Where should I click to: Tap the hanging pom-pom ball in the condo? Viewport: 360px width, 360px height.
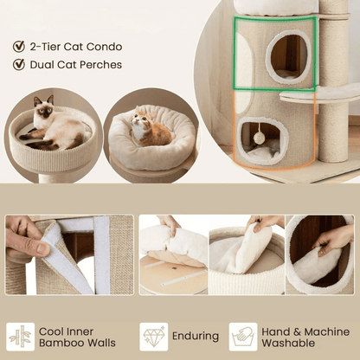coord(259,137)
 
